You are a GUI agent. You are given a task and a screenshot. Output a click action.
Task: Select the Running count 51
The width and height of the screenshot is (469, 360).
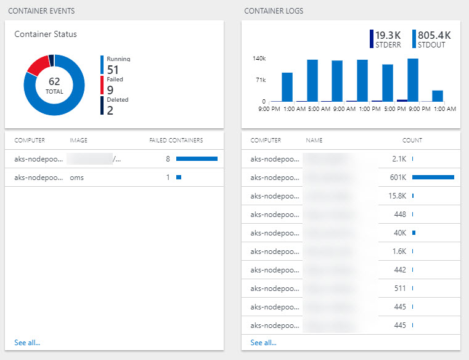pyautogui.click(x=113, y=70)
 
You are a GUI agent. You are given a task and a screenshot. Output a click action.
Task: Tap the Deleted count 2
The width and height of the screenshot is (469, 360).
pyautogui.click(x=110, y=110)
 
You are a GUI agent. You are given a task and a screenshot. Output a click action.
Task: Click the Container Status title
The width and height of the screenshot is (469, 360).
pyautogui.click(x=46, y=34)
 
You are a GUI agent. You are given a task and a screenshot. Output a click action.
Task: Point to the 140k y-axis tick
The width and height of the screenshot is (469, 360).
pyautogui.click(x=259, y=59)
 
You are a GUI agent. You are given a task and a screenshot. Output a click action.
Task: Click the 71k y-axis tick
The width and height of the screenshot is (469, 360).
pyautogui.click(x=260, y=80)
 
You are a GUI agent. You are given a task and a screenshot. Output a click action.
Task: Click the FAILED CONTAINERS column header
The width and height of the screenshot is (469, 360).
pyautogui.click(x=176, y=141)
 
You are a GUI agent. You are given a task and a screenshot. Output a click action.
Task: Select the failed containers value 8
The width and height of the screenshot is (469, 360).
pyautogui.click(x=168, y=159)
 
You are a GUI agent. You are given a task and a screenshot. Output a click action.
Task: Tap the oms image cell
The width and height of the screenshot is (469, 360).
pyautogui.click(x=77, y=178)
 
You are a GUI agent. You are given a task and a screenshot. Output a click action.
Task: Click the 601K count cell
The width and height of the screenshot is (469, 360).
pyautogui.click(x=398, y=178)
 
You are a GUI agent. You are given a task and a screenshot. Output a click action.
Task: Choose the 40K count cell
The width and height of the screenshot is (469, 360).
pyautogui.click(x=400, y=233)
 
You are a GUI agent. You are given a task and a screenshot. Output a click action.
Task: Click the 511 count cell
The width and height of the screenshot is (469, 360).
pyautogui.click(x=399, y=288)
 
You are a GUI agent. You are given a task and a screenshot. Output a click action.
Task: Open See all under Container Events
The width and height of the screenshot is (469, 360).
pyautogui.click(x=27, y=343)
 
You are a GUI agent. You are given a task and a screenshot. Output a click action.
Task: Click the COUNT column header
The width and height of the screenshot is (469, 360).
pyautogui.click(x=412, y=141)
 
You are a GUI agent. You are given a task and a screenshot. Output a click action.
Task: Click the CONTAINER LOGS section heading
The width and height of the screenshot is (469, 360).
pyautogui.click(x=274, y=11)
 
